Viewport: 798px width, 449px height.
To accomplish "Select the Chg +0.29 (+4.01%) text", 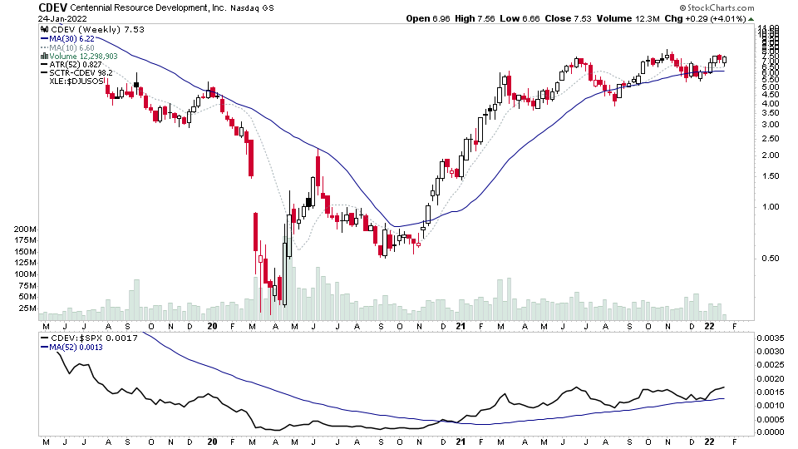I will [x=719, y=18].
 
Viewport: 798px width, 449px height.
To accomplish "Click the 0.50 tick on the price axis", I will [x=770, y=259].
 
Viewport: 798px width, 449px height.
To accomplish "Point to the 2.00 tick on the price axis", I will [x=770, y=155].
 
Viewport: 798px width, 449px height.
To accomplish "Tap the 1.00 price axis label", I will [x=770, y=207].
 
